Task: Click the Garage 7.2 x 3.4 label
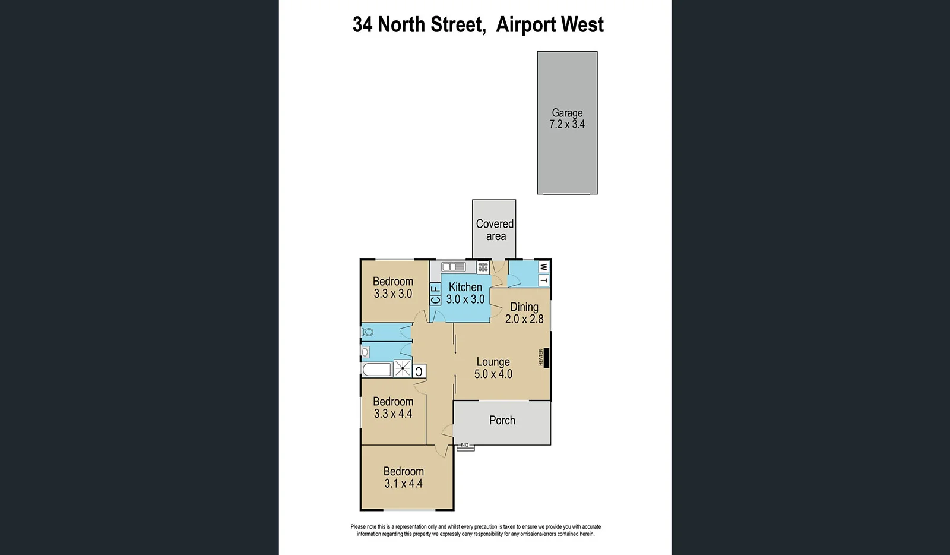pos(567,118)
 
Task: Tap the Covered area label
pos(495,230)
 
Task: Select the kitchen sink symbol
pos(454,267)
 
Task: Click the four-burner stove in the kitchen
pos(483,267)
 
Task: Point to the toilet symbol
pos(368,332)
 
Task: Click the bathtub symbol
pos(377,370)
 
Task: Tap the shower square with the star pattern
pos(403,368)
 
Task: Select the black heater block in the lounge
pos(546,358)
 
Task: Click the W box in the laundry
pos(543,267)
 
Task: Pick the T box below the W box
pos(543,280)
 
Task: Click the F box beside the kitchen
pos(435,289)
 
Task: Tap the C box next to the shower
pos(419,372)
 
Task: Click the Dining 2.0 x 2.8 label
pos(524,313)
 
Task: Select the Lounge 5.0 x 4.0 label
pos(493,368)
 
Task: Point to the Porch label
pos(502,420)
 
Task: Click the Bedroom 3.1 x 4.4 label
pos(403,477)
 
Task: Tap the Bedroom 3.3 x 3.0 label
pos(392,287)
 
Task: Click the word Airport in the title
pos(524,25)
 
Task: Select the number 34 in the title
pos(363,25)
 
